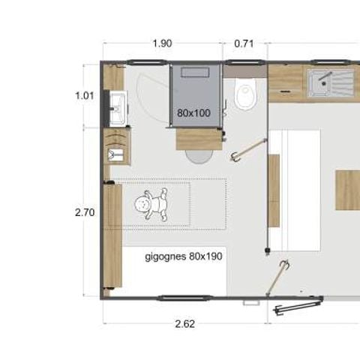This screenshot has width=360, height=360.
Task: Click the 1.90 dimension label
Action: pyautogui.click(x=161, y=43)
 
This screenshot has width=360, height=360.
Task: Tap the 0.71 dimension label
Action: pyautogui.click(x=244, y=43)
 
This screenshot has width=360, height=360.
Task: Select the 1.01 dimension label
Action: pyautogui.click(x=85, y=95)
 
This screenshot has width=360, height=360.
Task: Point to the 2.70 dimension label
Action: pyautogui.click(x=85, y=212)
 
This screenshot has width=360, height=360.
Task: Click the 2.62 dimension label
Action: pyautogui.click(x=184, y=324)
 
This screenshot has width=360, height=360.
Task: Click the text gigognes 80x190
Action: pyautogui.click(x=183, y=256)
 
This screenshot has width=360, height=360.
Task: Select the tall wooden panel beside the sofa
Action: pyautogui.click(x=274, y=190)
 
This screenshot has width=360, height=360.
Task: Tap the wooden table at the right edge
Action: pyautogui.click(x=347, y=190)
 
